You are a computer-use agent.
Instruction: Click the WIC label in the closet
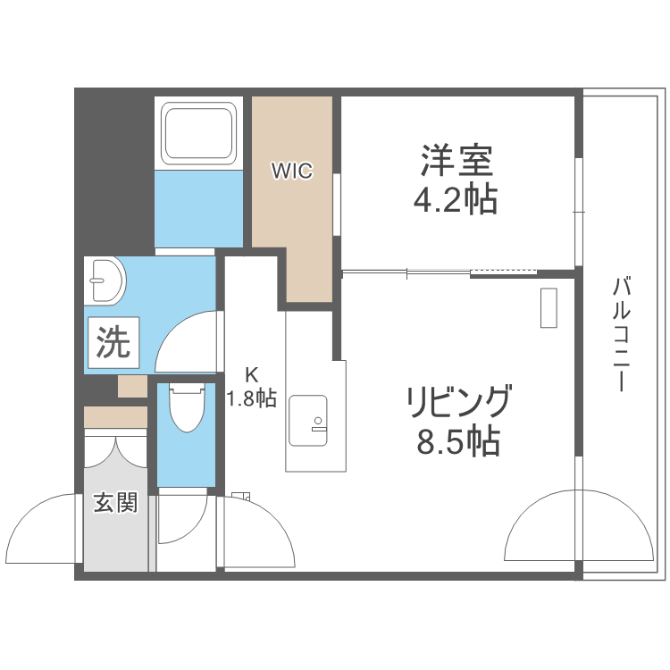click(x=292, y=170)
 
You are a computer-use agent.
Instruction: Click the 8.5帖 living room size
click(x=457, y=441)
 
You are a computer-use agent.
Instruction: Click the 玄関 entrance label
click(x=116, y=503)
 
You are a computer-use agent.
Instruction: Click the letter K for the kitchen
click(x=252, y=376)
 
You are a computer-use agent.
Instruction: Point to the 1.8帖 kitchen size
click(x=251, y=399)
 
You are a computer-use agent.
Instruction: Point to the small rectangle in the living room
click(x=548, y=308)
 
